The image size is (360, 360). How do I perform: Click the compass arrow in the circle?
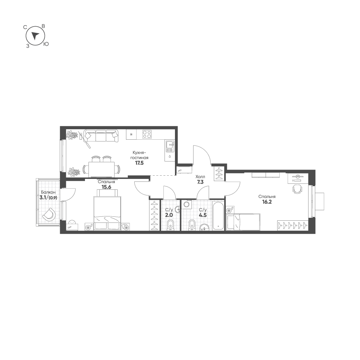point(35,35)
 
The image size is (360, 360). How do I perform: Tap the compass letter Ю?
point(46,44)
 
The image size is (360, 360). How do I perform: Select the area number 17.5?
point(139,163)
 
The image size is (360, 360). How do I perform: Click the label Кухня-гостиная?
point(139,155)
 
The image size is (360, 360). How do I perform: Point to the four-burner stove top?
point(147,134)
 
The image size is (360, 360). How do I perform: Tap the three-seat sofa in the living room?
point(100,135)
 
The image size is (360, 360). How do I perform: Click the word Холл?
point(200,177)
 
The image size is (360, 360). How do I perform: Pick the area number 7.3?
point(200,182)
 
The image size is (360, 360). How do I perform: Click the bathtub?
point(218,216)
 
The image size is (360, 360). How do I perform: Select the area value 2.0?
point(169,216)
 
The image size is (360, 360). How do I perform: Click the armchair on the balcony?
point(49,215)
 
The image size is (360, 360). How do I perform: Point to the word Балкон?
point(48,192)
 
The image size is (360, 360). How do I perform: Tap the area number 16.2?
point(267,202)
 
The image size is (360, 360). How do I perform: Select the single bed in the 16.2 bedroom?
point(243,222)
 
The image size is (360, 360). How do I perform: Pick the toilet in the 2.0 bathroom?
point(170,225)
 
